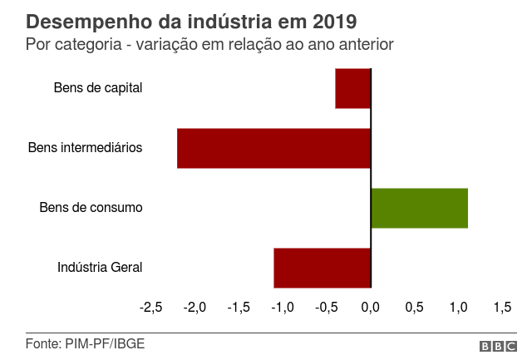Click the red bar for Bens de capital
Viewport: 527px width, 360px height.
[x=352, y=88]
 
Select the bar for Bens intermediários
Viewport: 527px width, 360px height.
[x=273, y=148]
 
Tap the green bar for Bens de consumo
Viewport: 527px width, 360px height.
[x=419, y=208]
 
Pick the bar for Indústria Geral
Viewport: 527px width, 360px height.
[x=322, y=268]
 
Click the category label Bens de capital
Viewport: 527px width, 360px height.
[x=98, y=87]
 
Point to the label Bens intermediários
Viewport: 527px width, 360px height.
[x=85, y=148]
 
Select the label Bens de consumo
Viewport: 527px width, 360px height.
[x=91, y=208]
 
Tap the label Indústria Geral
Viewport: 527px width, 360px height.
[x=100, y=268]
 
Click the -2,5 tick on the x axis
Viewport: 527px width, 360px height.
[x=150, y=308]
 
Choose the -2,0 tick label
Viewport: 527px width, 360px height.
[x=195, y=308]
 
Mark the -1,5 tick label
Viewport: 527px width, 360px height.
[x=239, y=308]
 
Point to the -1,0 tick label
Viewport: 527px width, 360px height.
[x=283, y=308]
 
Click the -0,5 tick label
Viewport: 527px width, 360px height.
[x=327, y=308]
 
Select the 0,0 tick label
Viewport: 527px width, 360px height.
[x=371, y=308]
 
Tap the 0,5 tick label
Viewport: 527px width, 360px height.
[x=415, y=308]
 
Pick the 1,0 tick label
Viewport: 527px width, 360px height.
[x=458, y=308]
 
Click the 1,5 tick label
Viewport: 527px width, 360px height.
[x=502, y=308]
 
